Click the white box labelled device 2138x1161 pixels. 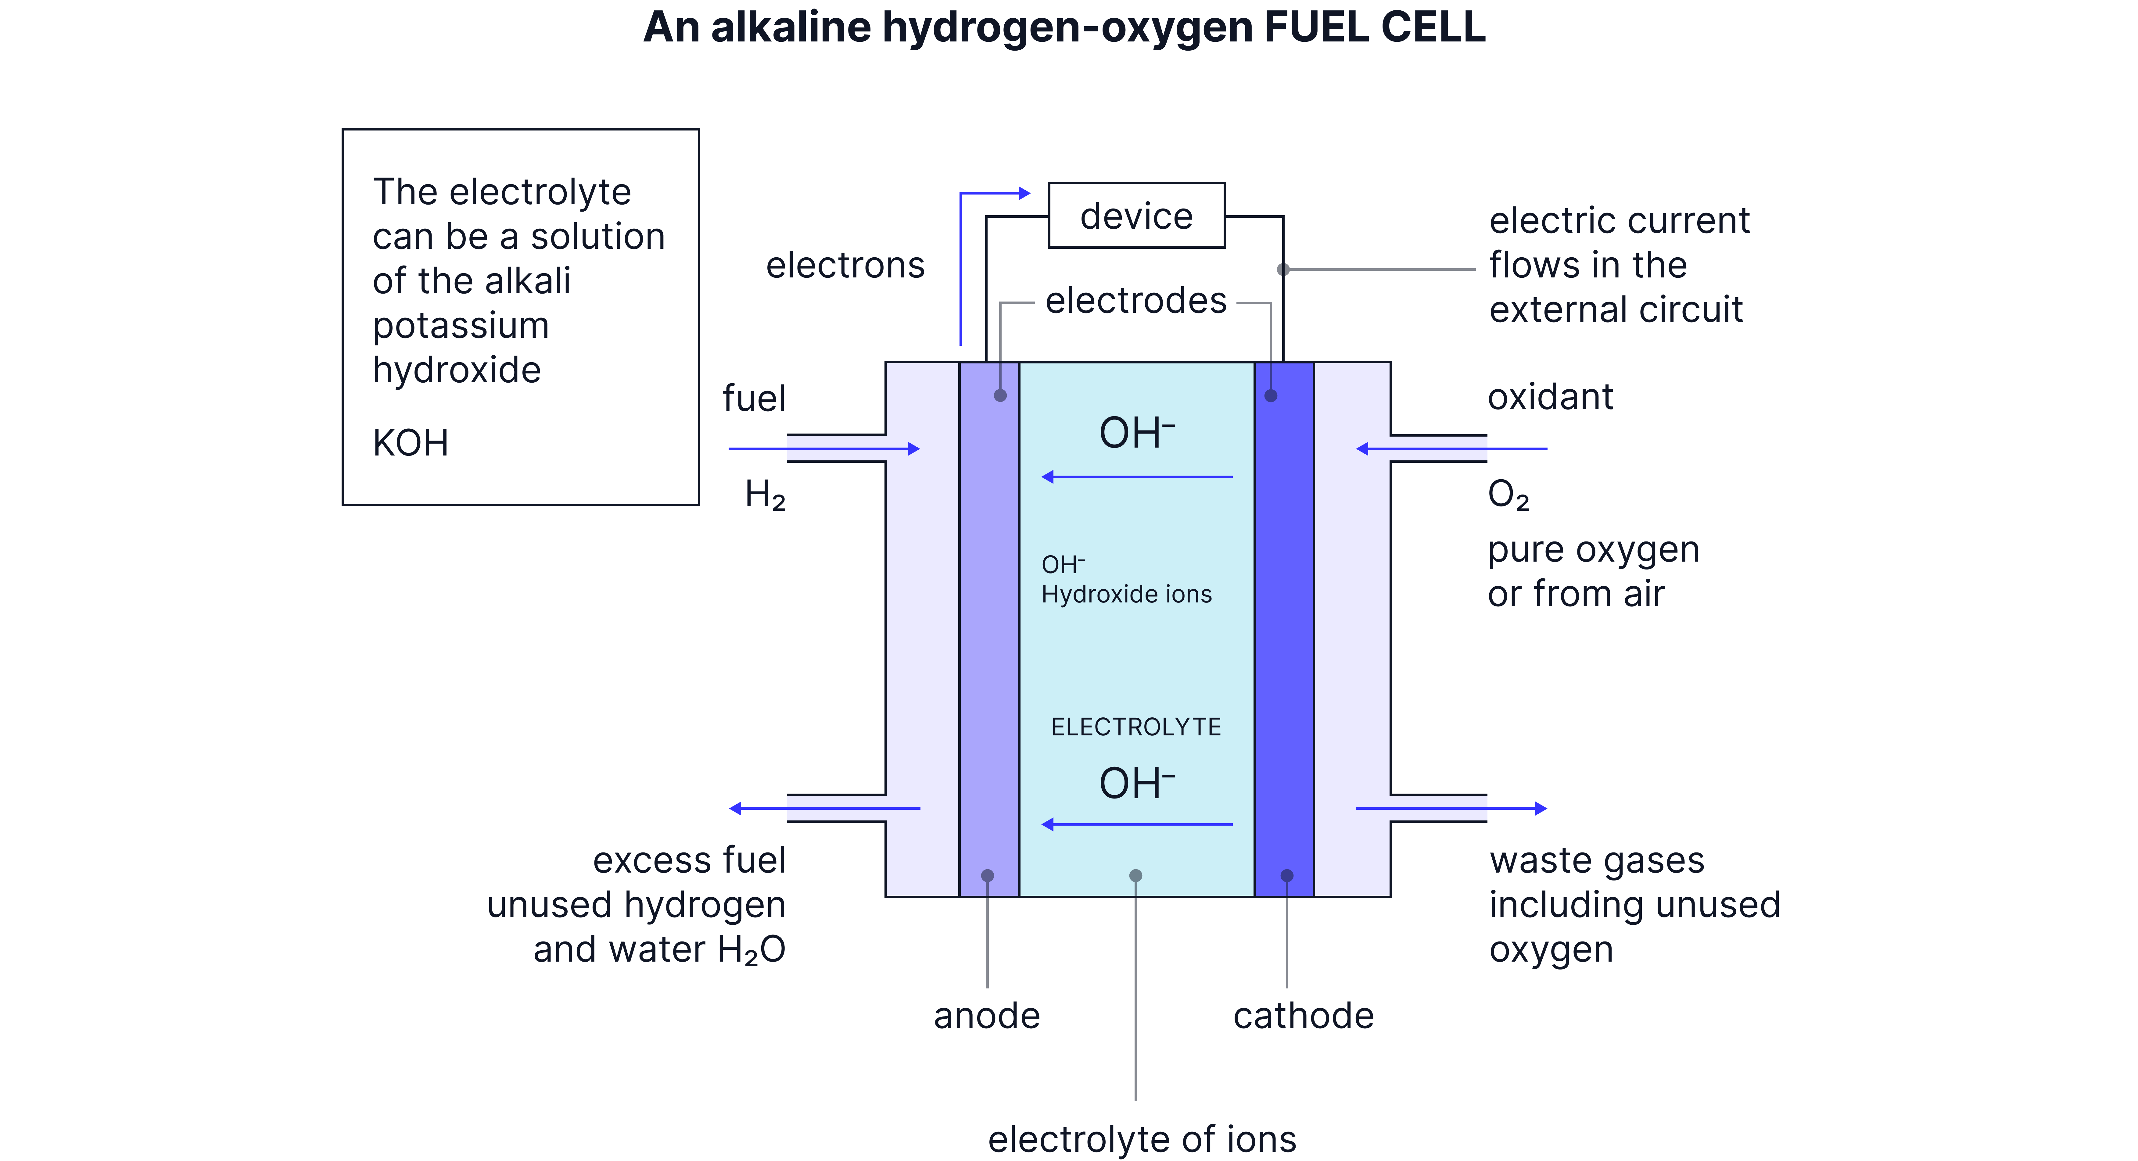[x=1136, y=216]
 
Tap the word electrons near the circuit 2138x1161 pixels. [x=845, y=266]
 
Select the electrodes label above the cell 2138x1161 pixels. [x=1135, y=300]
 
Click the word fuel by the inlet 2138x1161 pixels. [x=754, y=398]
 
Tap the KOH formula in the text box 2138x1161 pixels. [x=410, y=443]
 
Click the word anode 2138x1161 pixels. [x=987, y=1016]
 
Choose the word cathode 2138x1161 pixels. [x=1303, y=1016]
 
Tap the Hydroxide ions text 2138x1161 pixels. [x=1126, y=594]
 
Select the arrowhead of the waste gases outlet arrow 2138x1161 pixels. [x=1541, y=808]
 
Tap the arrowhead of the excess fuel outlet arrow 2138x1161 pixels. [x=734, y=808]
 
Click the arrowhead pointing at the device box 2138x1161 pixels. [x=1025, y=193]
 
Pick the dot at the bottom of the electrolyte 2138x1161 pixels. [x=1135, y=876]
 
